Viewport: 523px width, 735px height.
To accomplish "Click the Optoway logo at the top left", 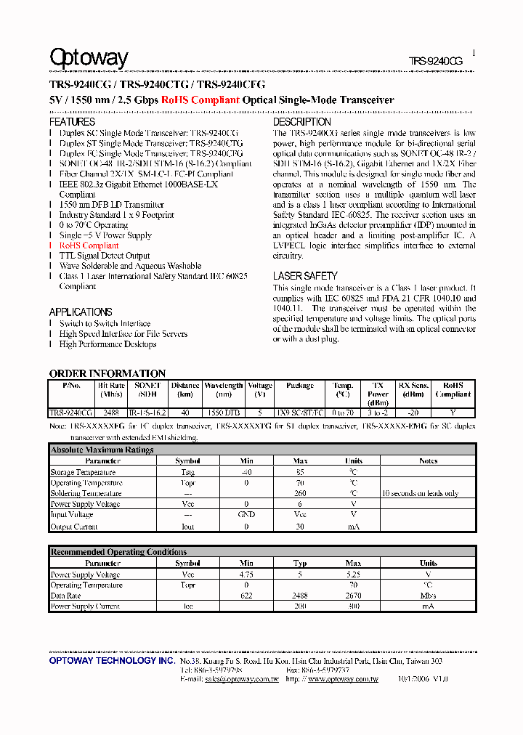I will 89,58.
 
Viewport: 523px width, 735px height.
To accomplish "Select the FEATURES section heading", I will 72,122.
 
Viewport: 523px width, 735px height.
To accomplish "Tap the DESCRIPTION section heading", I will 301,122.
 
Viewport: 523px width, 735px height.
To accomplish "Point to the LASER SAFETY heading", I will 305,276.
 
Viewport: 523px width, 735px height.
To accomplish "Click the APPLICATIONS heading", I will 81,312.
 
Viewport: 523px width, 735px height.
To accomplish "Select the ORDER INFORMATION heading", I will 108,373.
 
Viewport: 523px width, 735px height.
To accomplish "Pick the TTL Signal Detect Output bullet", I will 105,256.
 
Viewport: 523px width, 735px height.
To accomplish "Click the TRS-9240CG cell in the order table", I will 71,413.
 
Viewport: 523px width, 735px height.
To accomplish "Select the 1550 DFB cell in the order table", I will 223,413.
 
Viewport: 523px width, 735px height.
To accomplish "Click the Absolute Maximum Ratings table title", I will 102,450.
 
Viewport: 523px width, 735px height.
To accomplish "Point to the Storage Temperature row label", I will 83,472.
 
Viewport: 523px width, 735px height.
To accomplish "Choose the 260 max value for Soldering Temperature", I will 300,494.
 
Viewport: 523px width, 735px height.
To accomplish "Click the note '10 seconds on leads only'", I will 420,494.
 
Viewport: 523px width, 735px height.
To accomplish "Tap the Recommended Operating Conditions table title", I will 118,553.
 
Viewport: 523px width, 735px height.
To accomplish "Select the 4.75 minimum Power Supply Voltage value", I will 246,574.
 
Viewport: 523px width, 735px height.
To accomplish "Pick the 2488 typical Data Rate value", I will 300,596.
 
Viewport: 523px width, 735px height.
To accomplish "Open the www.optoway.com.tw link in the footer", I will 343,679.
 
